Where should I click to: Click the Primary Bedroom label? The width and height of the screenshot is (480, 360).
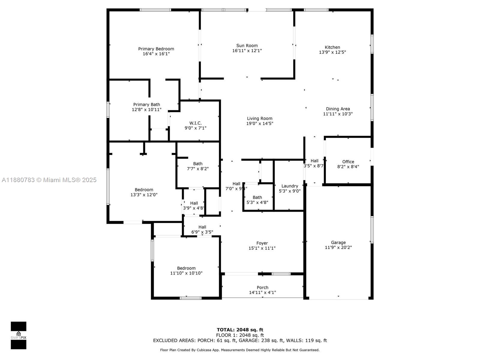[156, 49]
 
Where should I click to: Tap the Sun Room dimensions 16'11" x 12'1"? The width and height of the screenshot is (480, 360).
[247, 51]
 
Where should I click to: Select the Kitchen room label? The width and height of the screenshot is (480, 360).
[332, 47]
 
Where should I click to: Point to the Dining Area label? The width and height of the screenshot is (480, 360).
[338, 109]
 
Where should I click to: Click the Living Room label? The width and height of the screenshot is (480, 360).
[259, 118]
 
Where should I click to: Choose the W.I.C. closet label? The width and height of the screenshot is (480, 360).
[195, 123]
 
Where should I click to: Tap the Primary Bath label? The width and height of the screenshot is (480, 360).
[146, 104]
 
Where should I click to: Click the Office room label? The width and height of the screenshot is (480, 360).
[348, 162]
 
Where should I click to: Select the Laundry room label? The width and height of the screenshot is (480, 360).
[289, 186]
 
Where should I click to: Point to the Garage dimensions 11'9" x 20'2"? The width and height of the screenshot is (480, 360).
[338, 247]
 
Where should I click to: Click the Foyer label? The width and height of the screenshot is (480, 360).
[262, 243]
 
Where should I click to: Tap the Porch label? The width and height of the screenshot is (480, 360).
[262, 287]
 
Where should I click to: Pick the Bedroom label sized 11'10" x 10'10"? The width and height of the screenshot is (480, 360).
[186, 268]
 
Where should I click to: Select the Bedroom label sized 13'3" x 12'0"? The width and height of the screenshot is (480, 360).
[144, 190]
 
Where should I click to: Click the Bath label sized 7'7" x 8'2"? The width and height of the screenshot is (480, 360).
[198, 163]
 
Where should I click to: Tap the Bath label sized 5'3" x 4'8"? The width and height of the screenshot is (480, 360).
[257, 197]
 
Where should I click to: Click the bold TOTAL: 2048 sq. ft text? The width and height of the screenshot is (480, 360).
[240, 330]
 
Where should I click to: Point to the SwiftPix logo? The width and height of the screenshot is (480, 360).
[19, 335]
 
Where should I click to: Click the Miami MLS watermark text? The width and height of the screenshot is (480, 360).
[49, 180]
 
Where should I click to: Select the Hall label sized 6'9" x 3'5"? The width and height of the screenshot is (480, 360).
[202, 227]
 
